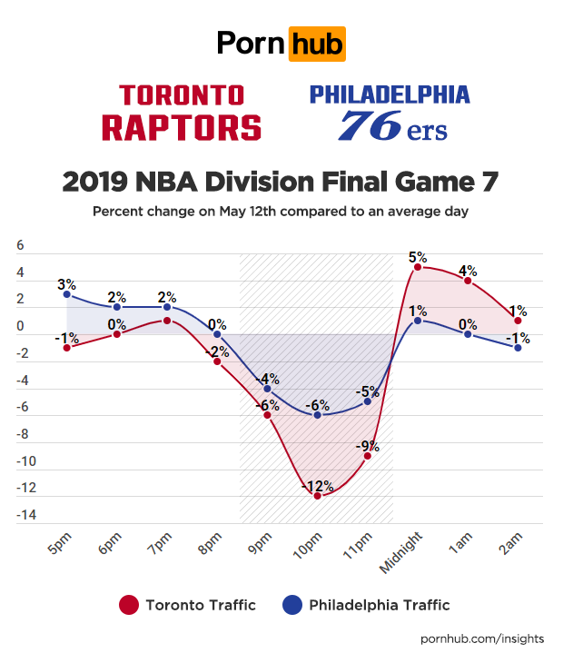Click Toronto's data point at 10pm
click(318, 496)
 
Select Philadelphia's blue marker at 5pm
click(66, 294)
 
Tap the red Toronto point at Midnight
click(417, 267)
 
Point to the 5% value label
click(418, 257)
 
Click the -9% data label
click(368, 446)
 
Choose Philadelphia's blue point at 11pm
click(368, 401)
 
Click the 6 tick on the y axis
click(21, 247)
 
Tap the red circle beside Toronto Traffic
click(129, 605)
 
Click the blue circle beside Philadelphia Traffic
click(292, 605)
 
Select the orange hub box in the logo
click(316, 43)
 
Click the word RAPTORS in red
click(181, 127)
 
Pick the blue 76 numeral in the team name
click(369, 125)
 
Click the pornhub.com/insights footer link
click(483, 638)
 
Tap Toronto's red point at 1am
click(468, 281)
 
